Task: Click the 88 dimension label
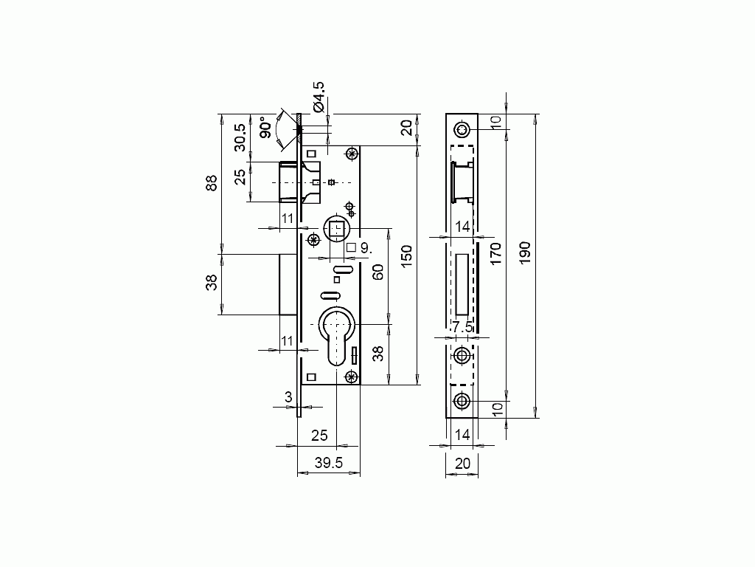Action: tap(212, 183)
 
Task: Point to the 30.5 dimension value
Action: tap(240, 138)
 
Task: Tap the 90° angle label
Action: tap(265, 127)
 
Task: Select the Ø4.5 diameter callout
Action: tap(319, 97)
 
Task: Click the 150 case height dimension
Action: tap(407, 256)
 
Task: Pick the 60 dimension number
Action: tap(378, 272)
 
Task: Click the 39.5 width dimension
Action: tap(329, 463)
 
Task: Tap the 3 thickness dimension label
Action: tap(288, 397)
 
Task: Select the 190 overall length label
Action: tap(525, 252)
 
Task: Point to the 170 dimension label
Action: tap(495, 254)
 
